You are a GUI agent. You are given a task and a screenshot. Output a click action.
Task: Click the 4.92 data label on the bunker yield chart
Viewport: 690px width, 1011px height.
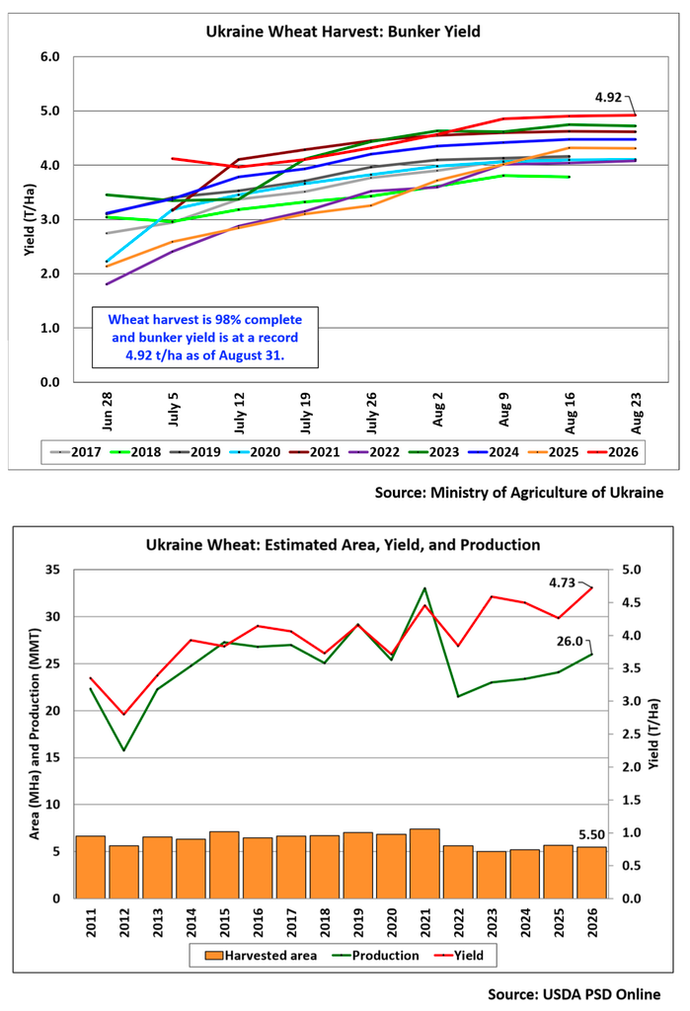608,98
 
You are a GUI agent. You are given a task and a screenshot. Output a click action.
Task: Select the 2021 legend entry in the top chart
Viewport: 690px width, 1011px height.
314,452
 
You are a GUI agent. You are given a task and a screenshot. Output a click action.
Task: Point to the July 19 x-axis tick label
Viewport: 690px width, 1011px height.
306,414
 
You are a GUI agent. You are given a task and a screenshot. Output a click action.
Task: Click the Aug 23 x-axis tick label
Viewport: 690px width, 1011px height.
637,413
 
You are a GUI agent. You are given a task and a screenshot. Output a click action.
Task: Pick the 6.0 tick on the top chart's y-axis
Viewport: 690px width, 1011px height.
49,56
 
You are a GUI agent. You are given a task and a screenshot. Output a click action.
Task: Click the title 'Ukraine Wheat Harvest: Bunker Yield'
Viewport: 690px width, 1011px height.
344,32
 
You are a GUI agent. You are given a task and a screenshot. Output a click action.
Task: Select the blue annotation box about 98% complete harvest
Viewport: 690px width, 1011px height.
205,338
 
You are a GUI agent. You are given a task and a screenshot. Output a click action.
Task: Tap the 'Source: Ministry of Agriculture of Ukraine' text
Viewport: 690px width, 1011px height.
519,493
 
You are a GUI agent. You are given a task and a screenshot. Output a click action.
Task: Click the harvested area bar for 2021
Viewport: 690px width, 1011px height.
425,863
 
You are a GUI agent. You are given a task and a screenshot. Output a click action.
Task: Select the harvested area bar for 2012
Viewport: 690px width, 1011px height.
123,872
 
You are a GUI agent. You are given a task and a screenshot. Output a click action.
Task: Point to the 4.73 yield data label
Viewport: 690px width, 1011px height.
562,583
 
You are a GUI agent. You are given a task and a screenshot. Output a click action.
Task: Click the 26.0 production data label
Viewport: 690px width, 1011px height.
570,642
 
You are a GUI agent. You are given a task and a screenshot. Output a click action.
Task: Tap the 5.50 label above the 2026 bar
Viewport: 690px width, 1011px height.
591,835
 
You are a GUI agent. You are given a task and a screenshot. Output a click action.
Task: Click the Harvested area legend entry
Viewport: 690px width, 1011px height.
262,956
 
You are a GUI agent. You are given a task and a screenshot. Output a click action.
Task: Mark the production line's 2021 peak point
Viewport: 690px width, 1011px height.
425,588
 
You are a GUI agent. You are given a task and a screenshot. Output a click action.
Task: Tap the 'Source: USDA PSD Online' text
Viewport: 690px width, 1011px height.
574,994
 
